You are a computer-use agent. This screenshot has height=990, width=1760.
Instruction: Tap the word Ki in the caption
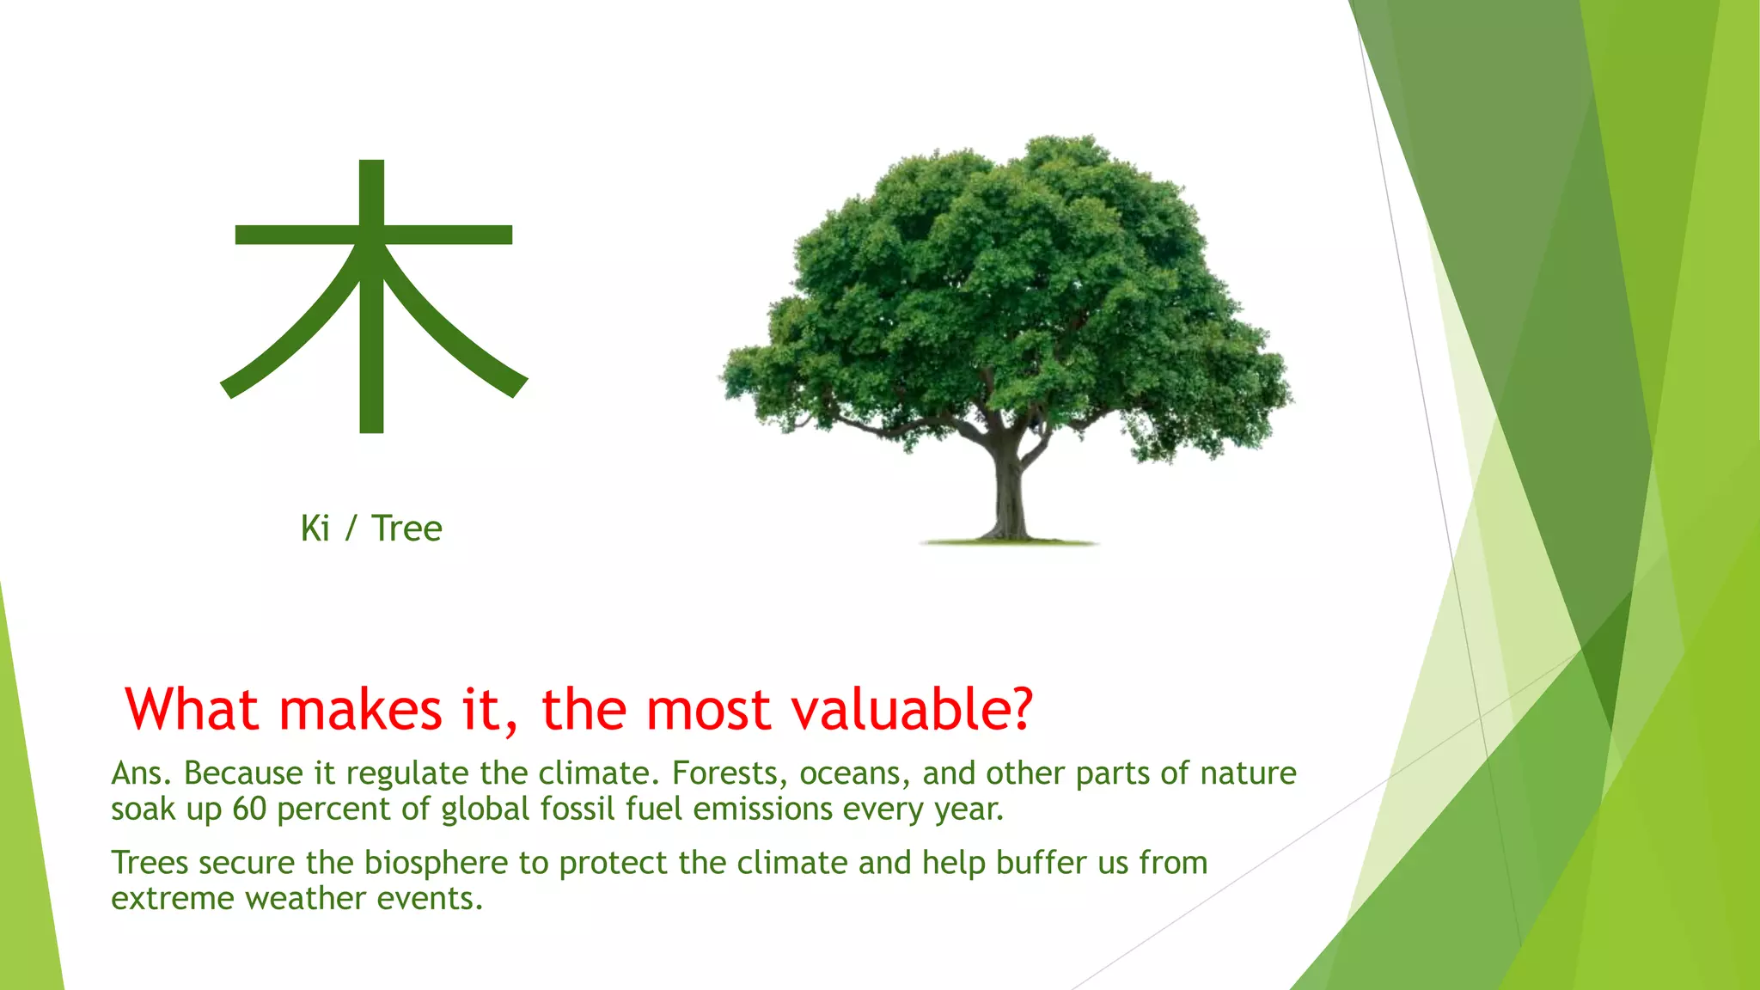[315, 529]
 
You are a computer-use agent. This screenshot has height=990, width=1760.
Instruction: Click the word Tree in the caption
[406, 529]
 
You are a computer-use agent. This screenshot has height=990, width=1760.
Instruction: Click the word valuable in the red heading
[911, 710]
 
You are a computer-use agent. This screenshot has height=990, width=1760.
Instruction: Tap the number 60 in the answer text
[249, 810]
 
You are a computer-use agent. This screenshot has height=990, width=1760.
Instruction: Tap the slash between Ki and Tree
[351, 529]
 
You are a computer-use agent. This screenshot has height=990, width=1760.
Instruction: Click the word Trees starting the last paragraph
[149, 863]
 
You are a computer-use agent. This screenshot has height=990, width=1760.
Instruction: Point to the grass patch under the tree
[1008, 542]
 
